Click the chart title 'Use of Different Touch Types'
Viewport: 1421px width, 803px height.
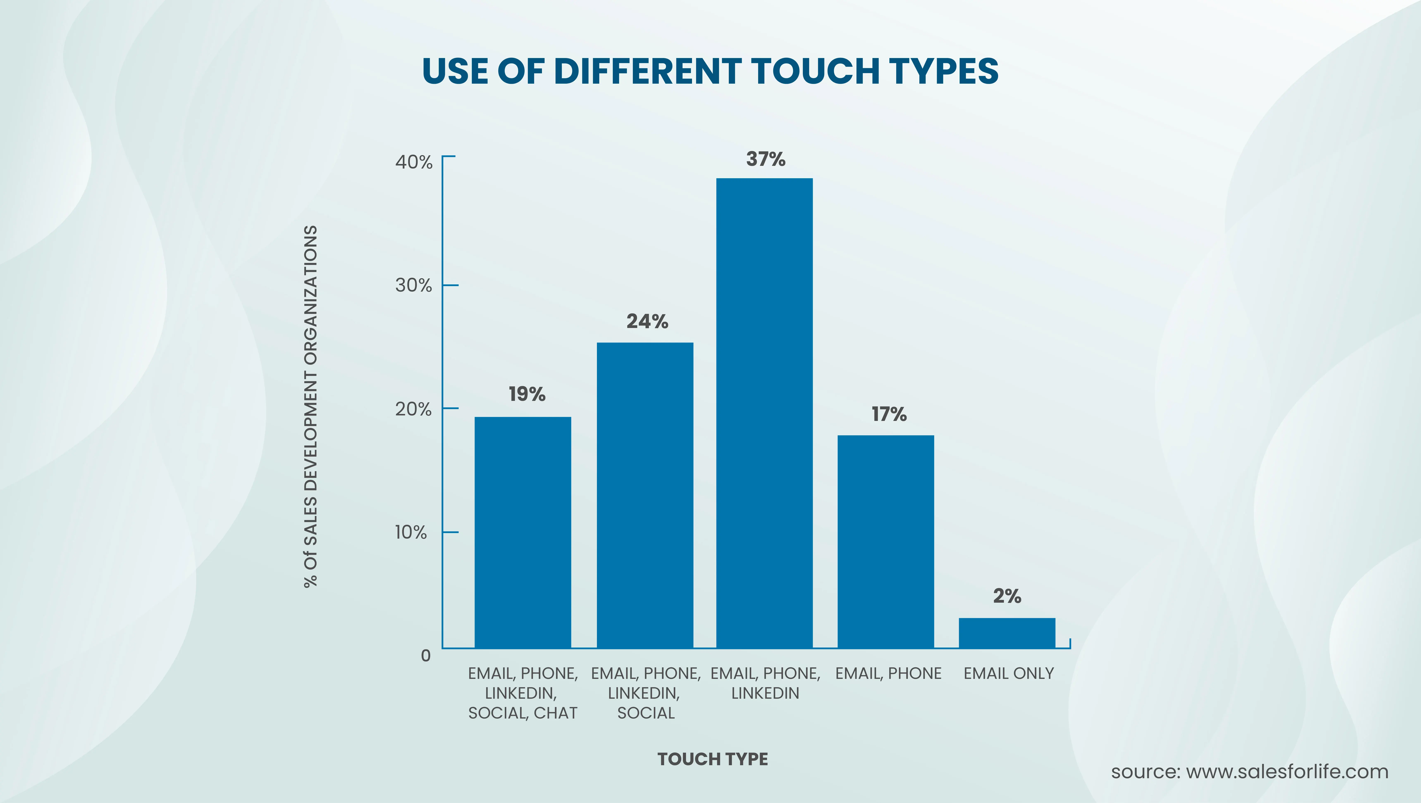click(x=710, y=71)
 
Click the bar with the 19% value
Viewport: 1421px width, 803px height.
click(x=523, y=532)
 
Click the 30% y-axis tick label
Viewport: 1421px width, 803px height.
click(x=413, y=286)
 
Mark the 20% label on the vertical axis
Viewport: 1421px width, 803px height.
click(x=413, y=409)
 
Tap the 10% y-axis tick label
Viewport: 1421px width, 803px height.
click(x=411, y=533)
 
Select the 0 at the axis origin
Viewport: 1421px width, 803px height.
click(x=425, y=656)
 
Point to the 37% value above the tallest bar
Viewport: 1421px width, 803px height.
click(x=765, y=159)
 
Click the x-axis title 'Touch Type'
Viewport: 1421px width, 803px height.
click(x=712, y=759)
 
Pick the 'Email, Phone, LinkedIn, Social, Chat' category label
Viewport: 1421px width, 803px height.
click(x=523, y=693)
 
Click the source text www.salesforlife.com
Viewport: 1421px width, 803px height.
click(x=1249, y=772)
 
